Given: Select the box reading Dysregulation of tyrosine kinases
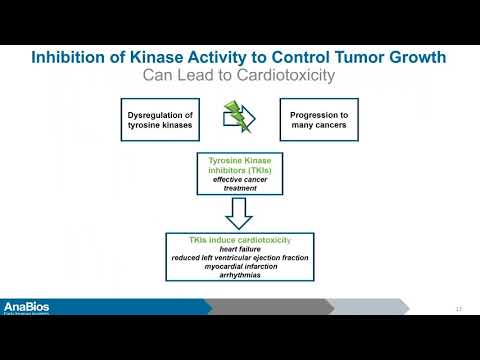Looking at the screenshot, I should click(x=161, y=117).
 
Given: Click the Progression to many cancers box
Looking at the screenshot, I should click(x=314, y=117).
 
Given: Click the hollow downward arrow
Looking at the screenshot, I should click(x=239, y=211).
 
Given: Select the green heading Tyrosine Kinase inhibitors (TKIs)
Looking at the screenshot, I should click(x=239, y=166).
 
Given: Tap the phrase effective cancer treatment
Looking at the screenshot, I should click(x=239, y=184).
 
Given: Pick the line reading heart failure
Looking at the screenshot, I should click(x=239, y=251).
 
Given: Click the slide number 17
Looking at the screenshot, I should click(x=459, y=307).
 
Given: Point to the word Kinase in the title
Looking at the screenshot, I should click(x=154, y=56).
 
